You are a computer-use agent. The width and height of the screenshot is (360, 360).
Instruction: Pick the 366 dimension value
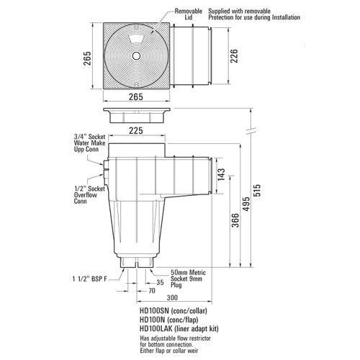[226, 222]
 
